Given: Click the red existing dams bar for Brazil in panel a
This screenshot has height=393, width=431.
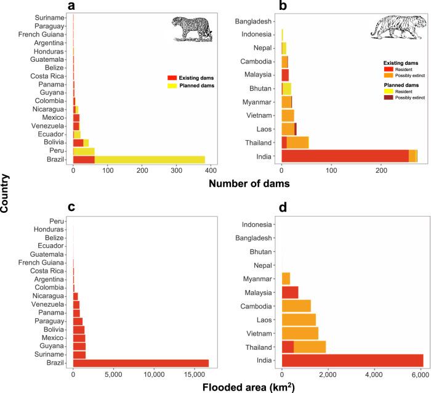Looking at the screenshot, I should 84,159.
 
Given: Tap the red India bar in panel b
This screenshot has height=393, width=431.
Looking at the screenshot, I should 345,156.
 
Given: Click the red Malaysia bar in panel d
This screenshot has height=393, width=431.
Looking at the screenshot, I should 290,292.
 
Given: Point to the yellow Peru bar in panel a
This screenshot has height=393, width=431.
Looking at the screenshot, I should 84,151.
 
